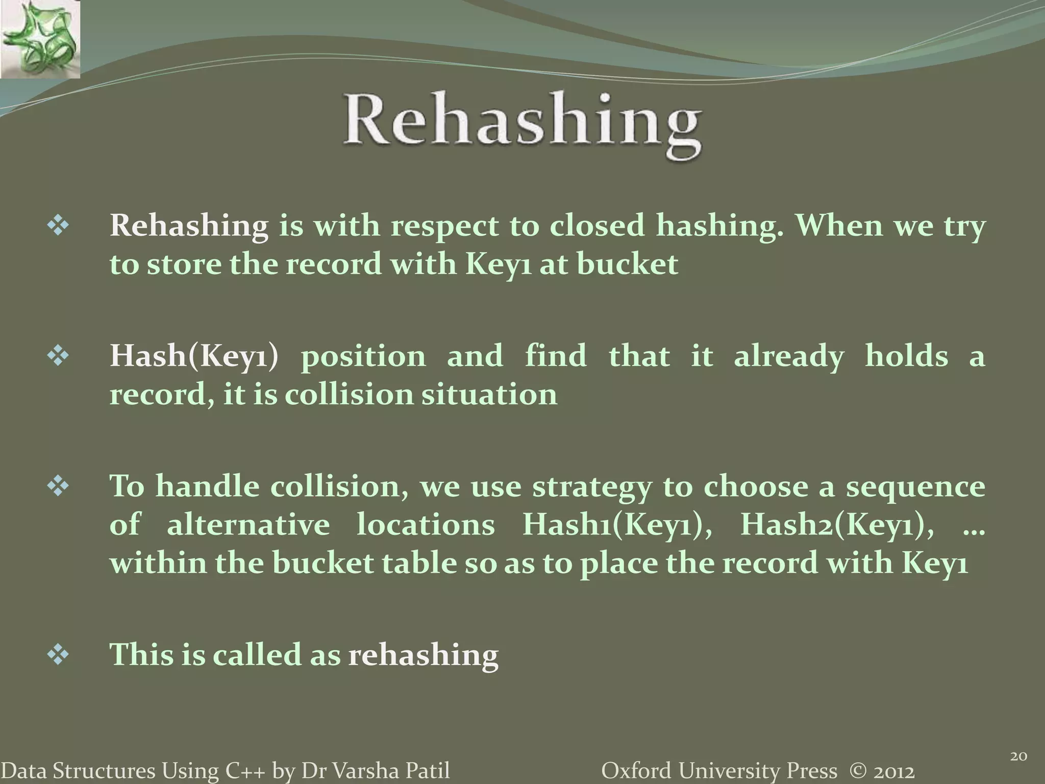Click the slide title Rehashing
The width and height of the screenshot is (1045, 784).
click(x=522, y=125)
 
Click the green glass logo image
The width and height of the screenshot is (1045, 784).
click(x=40, y=39)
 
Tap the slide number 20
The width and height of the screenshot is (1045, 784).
click(x=1018, y=756)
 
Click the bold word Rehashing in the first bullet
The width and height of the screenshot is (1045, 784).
click(x=189, y=226)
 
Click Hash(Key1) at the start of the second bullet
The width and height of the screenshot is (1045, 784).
click(x=194, y=356)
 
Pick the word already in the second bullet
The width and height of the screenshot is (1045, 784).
click(x=788, y=356)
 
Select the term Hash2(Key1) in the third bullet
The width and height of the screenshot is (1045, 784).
click(x=837, y=525)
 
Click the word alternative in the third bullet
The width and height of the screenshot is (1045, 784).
click(x=248, y=525)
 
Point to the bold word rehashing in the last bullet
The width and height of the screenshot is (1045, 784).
click(x=423, y=655)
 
